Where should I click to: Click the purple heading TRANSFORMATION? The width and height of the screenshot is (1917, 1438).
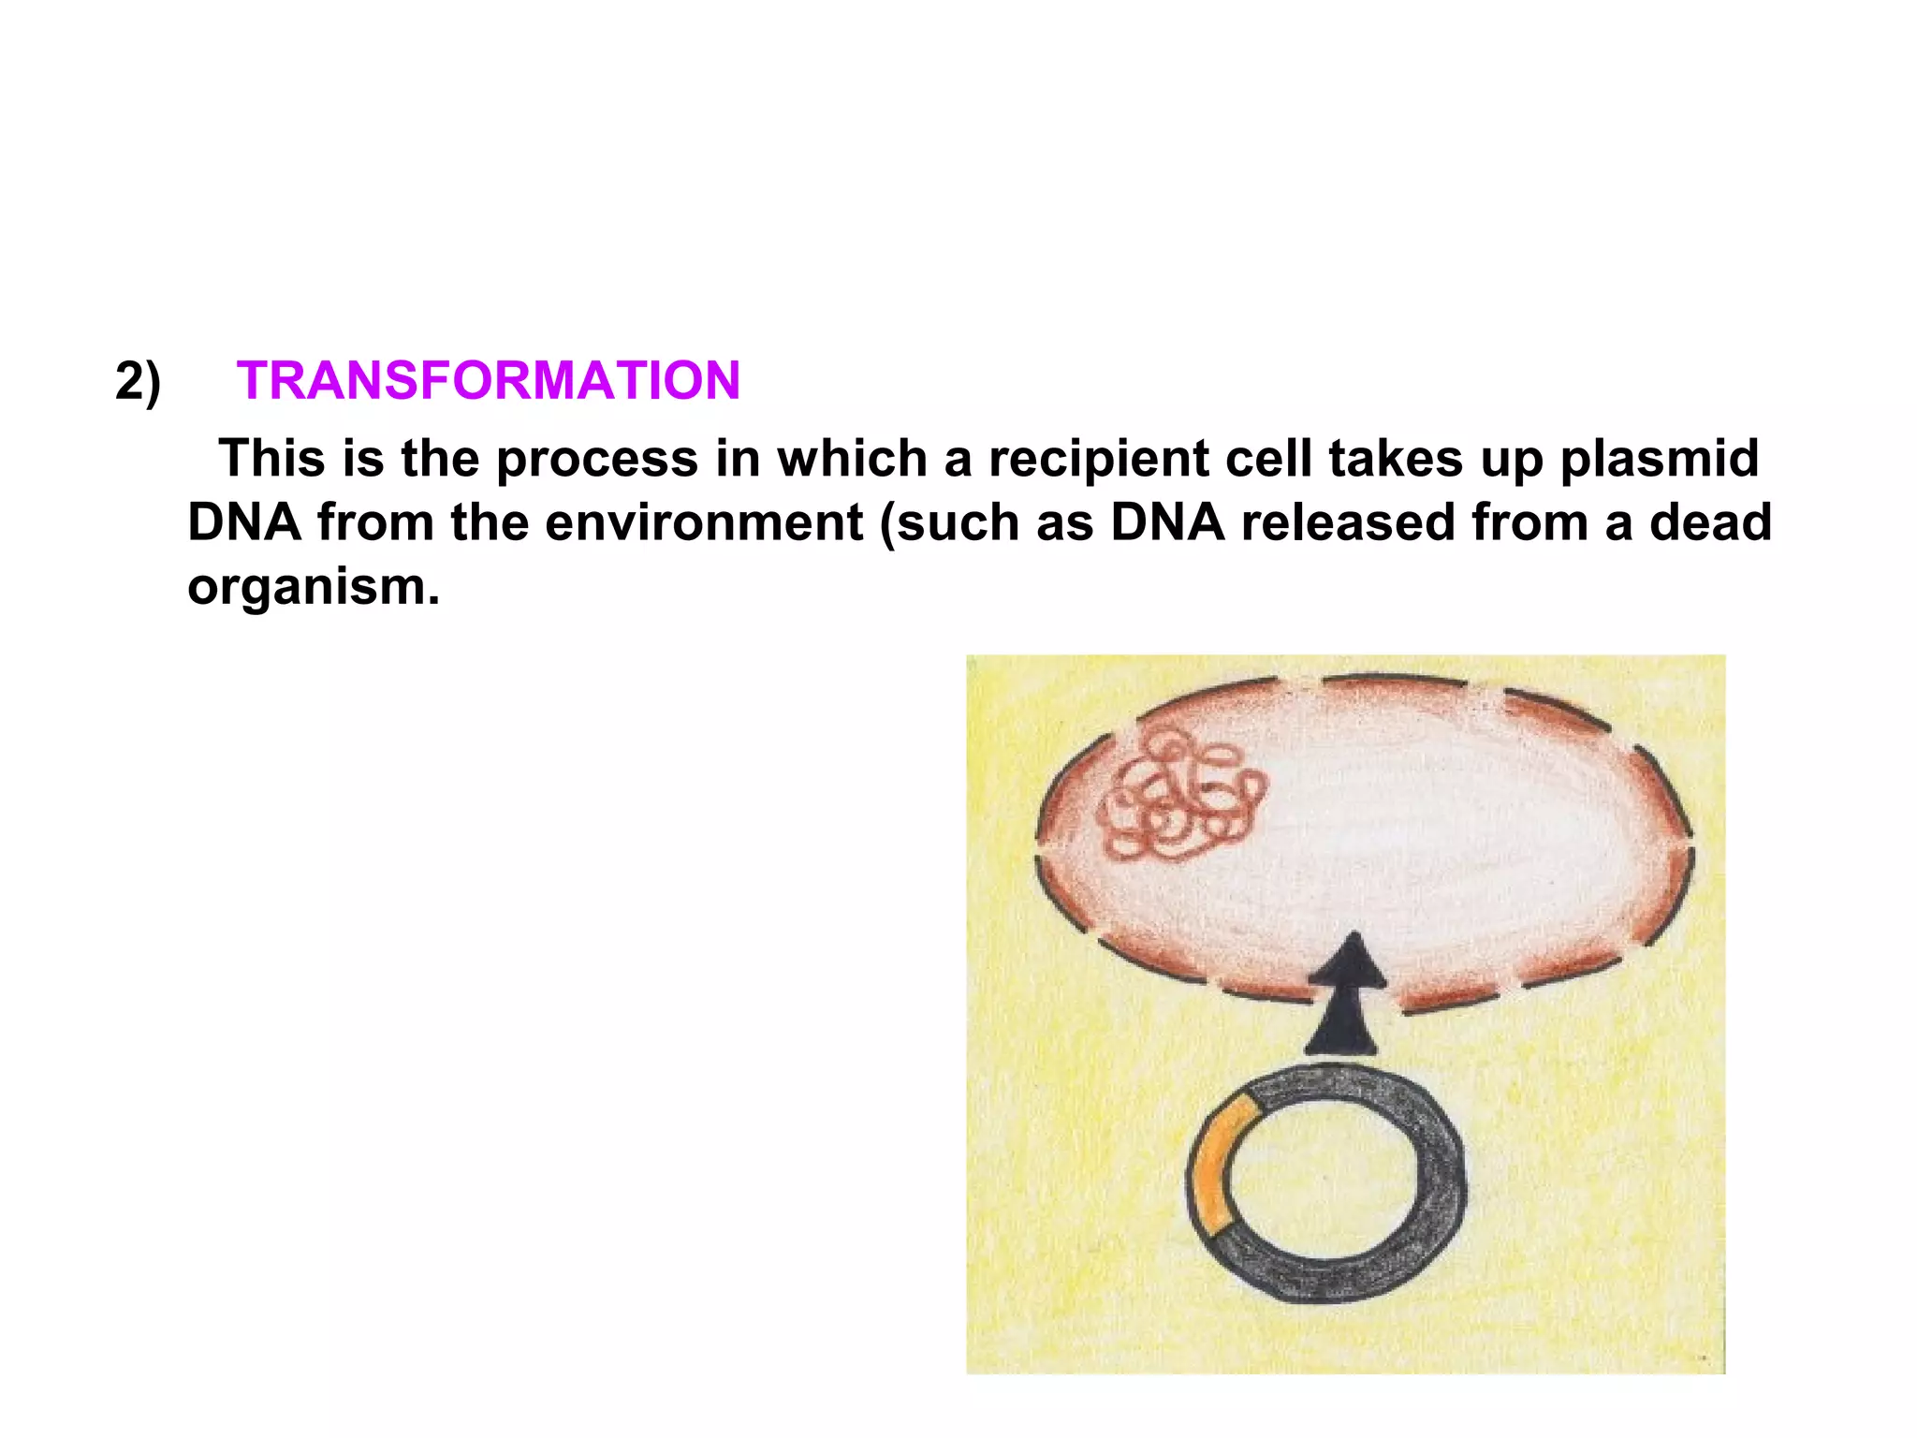pyautogui.click(x=488, y=381)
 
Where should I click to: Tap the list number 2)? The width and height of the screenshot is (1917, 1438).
pyautogui.click(x=139, y=381)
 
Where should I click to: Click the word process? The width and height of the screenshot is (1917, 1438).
pyautogui.click(x=597, y=459)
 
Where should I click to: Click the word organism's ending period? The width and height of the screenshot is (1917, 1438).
pyautogui.click(x=433, y=599)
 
